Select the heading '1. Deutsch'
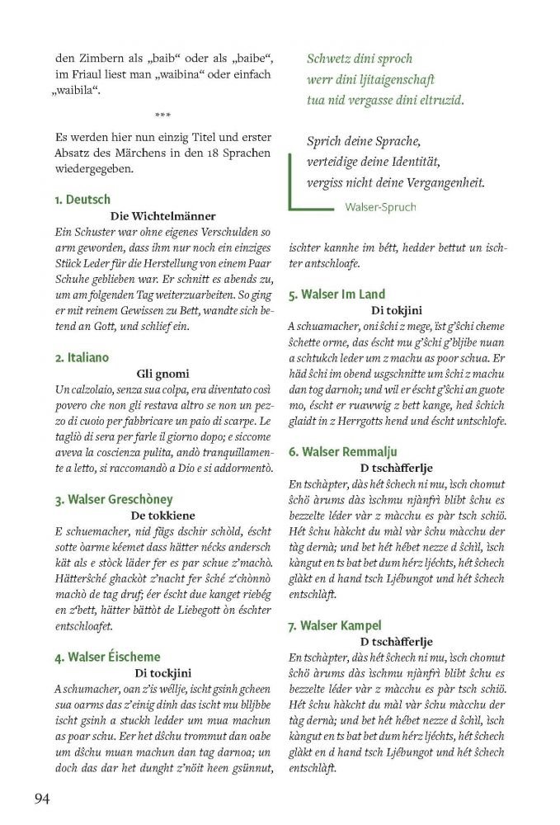click(x=82, y=200)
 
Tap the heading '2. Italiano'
click(x=82, y=357)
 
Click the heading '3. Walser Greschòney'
click(x=114, y=499)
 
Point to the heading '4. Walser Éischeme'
click(x=108, y=657)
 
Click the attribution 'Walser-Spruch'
click(x=381, y=206)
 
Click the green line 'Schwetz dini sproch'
click(x=360, y=59)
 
